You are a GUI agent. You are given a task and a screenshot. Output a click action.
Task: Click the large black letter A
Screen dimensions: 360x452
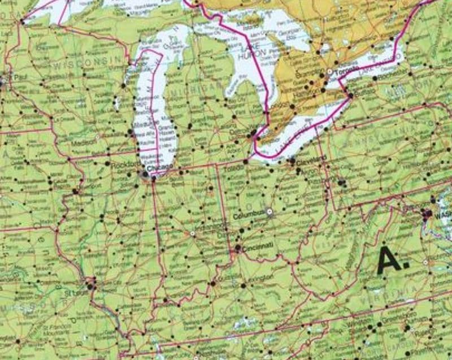(x=390, y=261)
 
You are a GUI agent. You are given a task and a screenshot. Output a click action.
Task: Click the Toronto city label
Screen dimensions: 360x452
(x=342, y=73)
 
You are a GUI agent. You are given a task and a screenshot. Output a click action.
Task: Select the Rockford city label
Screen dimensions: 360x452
(x=121, y=166)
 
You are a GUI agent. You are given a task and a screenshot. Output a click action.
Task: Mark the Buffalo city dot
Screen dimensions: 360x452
(x=350, y=96)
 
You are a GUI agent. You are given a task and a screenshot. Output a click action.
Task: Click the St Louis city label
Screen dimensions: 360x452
(x=76, y=293)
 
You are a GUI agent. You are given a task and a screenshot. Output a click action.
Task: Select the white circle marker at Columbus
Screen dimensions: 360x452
(x=270, y=212)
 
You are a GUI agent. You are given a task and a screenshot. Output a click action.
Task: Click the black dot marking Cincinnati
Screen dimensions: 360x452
(x=238, y=248)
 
